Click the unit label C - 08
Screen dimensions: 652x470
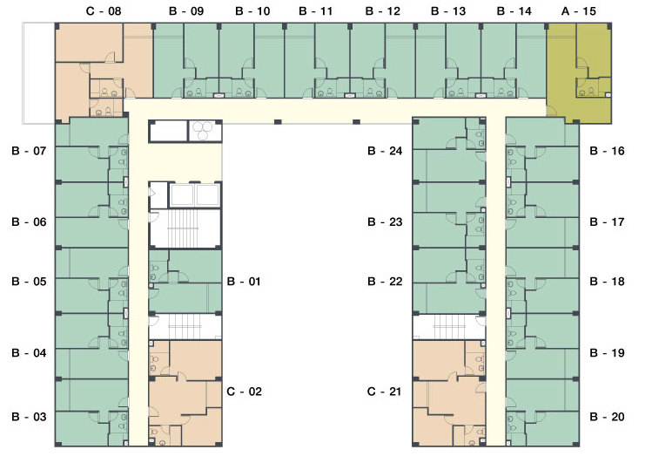pos(104,11)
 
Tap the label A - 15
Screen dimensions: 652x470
pos(578,11)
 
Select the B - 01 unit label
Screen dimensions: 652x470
pos(244,282)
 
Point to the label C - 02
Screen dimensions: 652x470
pos(244,392)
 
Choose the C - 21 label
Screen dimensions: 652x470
pos(384,392)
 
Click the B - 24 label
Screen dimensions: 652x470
pos(385,151)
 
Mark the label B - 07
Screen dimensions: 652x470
pos(29,151)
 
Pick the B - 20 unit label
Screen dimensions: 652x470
pos(607,417)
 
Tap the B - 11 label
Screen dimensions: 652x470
pos(316,11)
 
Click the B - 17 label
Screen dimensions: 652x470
pos(607,222)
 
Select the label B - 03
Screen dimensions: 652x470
pos(29,417)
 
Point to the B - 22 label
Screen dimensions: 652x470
pos(385,282)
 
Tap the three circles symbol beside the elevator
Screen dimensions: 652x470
pos(205,131)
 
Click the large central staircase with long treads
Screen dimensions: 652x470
pos(185,228)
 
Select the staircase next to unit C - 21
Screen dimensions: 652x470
pos(448,327)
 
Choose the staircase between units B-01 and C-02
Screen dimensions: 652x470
pos(185,327)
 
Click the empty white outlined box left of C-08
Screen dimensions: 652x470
pos(38,73)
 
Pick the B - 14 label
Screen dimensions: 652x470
pos(514,11)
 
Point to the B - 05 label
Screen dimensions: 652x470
pos(29,282)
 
